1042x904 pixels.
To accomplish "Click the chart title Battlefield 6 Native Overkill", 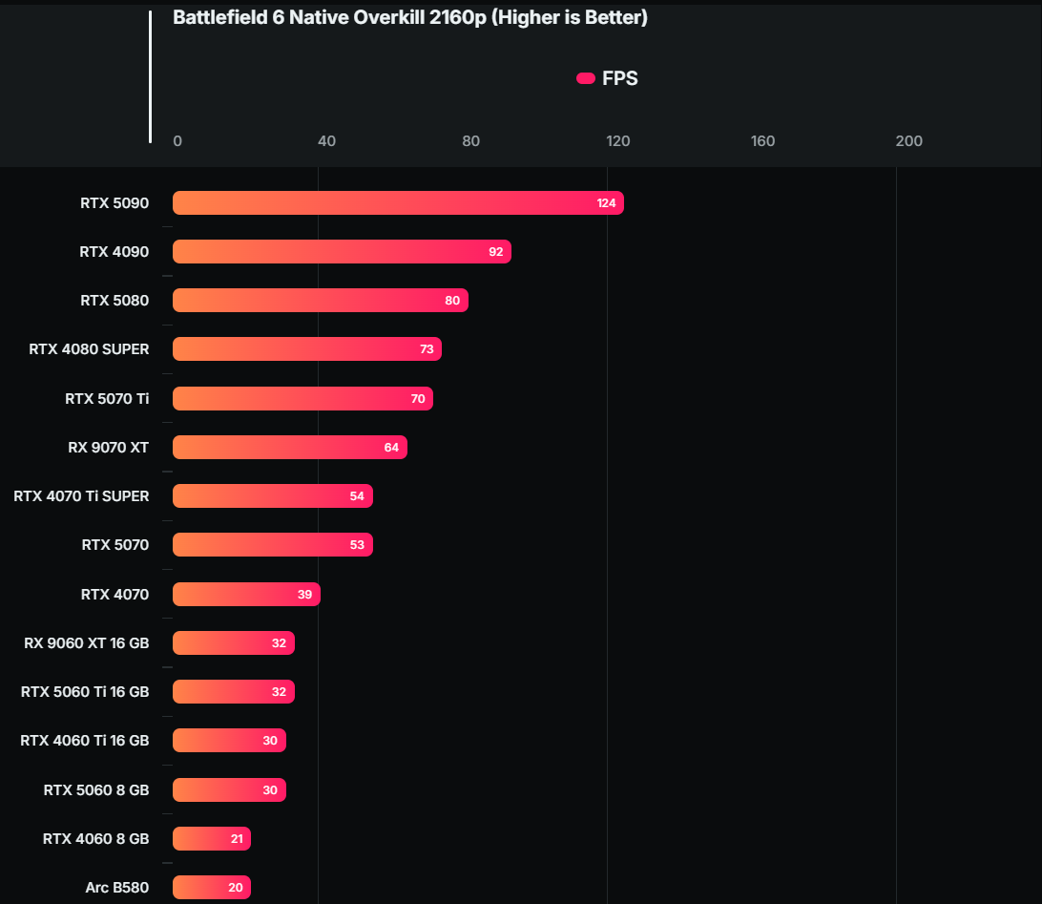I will [x=409, y=18].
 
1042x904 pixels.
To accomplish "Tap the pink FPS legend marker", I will [x=586, y=78].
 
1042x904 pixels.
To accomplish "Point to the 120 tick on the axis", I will [x=617, y=141].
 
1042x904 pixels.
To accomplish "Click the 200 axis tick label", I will [x=908, y=141].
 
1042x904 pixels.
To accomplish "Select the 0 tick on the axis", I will [x=177, y=141].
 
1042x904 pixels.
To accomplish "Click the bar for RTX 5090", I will [x=398, y=203].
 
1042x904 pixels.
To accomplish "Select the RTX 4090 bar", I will [x=342, y=252].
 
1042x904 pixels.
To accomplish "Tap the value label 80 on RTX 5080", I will [x=452, y=301].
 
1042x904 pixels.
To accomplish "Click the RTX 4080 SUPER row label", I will [x=89, y=349].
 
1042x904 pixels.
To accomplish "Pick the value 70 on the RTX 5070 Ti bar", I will [x=418, y=399].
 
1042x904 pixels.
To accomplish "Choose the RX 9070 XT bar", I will [x=290, y=448].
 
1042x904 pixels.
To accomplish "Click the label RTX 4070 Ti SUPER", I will [x=81, y=496].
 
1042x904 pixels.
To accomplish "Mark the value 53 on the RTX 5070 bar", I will [x=357, y=545].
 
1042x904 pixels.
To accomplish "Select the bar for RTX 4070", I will [x=246, y=594].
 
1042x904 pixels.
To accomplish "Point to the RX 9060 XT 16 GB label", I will [x=86, y=643].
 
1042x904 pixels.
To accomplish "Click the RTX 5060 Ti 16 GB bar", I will [x=234, y=692].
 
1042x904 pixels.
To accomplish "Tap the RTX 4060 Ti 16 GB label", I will [x=84, y=741].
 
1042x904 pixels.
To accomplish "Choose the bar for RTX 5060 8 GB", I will [x=229, y=789].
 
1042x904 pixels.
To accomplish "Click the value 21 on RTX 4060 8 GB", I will [x=237, y=839].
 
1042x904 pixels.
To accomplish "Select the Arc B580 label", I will [x=116, y=888].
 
